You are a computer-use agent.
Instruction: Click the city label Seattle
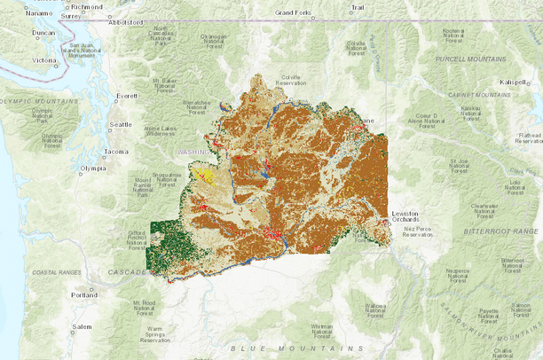pyautogui.click(x=120, y=125)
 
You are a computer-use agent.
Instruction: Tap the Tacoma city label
pyautogui.click(x=116, y=152)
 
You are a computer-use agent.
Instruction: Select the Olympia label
pyautogui.click(x=93, y=168)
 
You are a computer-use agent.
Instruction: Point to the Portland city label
pyautogui.click(x=85, y=293)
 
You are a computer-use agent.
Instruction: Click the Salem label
pyautogui.click(x=83, y=326)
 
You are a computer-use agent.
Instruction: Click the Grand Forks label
pyautogui.click(x=295, y=13)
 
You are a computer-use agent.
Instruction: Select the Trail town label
pyautogui.click(x=357, y=8)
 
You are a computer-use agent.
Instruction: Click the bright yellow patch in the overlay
pyautogui.click(x=205, y=176)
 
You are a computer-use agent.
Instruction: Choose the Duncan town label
pyautogui.click(x=43, y=33)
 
